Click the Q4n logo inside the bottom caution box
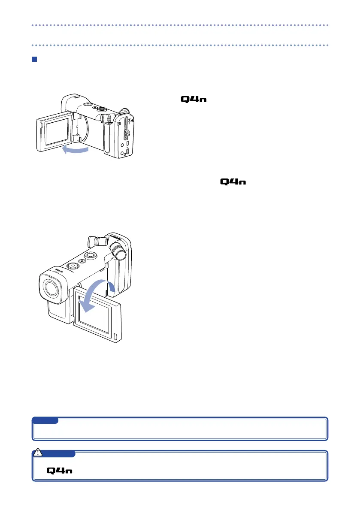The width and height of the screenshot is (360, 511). (x=59, y=471)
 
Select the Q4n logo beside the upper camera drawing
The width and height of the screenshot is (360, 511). (x=194, y=100)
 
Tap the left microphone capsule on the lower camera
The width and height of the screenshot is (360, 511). (x=97, y=241)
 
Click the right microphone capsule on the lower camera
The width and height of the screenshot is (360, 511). (x=119, y=252)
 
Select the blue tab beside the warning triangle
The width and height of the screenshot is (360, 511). (x=60, y=454)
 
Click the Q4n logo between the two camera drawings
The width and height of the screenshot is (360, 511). (x=233, y=182)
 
